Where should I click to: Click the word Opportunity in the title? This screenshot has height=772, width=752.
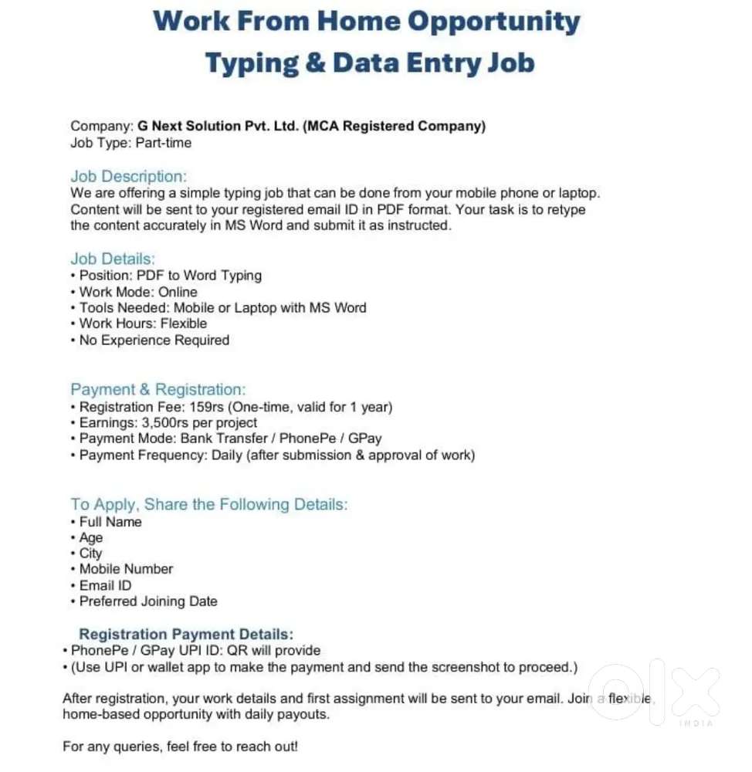(x=493, y=22)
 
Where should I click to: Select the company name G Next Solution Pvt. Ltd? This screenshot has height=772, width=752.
(x=218, y=127)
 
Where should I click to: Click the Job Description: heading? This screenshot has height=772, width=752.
(x=128, y=177)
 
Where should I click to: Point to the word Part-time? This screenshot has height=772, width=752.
(x=164, y=143)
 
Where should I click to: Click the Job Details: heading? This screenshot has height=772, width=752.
(x=113, y=259)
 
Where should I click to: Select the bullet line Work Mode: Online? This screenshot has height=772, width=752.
(x=138, y=292)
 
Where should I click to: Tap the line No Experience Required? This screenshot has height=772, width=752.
(x=154, y=340)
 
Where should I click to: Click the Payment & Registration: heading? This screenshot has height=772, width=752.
(x=158, y=390)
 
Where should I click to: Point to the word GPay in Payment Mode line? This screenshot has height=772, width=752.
(x=364, y=438)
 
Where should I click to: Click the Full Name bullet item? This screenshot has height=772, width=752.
(x=110, y=522)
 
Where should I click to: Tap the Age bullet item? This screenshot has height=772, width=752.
(x=90, y=537)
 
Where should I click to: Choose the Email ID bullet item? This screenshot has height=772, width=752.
(x=105, y=585)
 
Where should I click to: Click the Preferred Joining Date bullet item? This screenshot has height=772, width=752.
(x=148, y=601)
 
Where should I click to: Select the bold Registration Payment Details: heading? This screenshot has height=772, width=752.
(x=186, y=635)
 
